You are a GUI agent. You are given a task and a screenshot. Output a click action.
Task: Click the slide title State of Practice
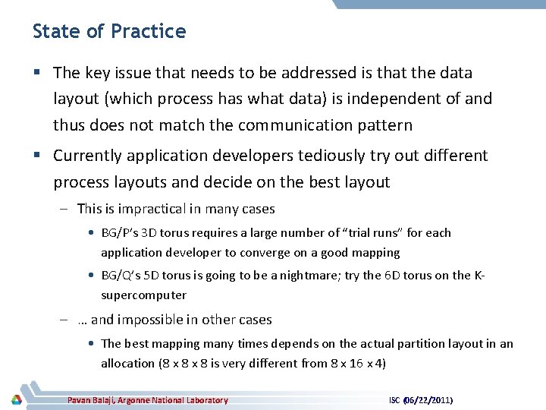pyautogui.click(x=109, y=32)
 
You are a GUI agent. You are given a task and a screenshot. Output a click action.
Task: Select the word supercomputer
pyautogui.click(x=143, y=295)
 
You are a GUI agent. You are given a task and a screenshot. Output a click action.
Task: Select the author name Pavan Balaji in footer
pyautogui.click(x=101, y=400)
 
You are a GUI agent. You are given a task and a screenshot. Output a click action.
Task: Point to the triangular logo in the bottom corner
pyautogui.click(x=16, y=399)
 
